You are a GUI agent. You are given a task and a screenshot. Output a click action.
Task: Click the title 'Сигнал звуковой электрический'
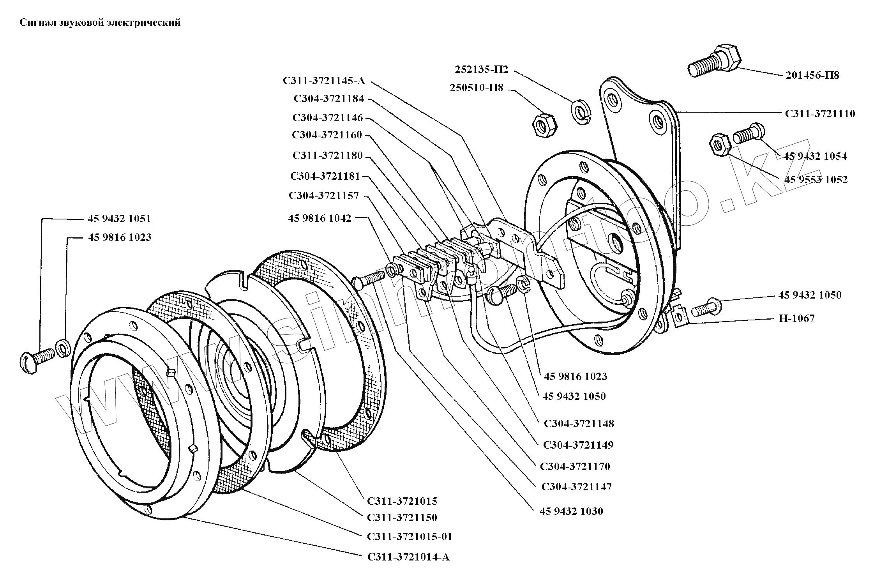click(x=100, y=23)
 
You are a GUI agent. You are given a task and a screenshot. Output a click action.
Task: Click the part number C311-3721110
click(x=820, y=114)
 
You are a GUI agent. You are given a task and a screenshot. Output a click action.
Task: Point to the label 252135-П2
click(x=482, y=70)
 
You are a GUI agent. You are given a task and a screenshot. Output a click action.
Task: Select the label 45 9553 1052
click(x=816, y=180)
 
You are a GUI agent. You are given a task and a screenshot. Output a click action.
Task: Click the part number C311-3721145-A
click(x=324, y=81)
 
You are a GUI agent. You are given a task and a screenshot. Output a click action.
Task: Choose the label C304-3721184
click(x=329, y=99)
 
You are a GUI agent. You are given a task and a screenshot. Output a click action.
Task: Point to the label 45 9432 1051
click(x=119, y=219)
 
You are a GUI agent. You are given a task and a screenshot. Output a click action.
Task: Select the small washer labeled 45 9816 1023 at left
click(x=63, y=348)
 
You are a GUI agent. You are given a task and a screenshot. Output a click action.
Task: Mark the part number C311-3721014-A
click(x=408, y=557)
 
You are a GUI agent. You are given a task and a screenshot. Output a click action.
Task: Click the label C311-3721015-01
click(x=410, y=537)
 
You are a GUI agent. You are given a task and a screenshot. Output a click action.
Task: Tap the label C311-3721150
click(x=402, y=518)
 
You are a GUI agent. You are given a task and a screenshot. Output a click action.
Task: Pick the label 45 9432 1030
click(x=571, y=511)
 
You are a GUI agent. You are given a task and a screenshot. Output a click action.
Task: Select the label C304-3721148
click(x=579, y=424)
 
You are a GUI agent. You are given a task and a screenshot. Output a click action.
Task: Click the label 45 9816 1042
click(x=320, y=219)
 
